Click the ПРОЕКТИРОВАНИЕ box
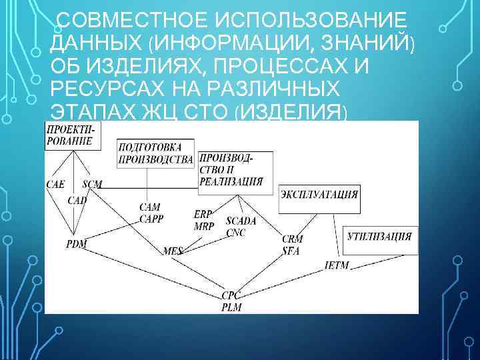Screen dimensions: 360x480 [x=72, y=135]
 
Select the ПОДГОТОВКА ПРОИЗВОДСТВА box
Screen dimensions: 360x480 [x=155, y=154]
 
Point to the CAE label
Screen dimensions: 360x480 [x=55, y=185]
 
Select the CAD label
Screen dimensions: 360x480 [x=77, y=200]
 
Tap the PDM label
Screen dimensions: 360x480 [x=76, y=244]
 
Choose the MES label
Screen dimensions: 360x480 [x=172, y=251]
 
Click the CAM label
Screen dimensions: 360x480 [x=149, y=208]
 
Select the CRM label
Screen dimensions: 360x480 [x=292, y=239]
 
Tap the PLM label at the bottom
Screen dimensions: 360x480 [x=231, y=307]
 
